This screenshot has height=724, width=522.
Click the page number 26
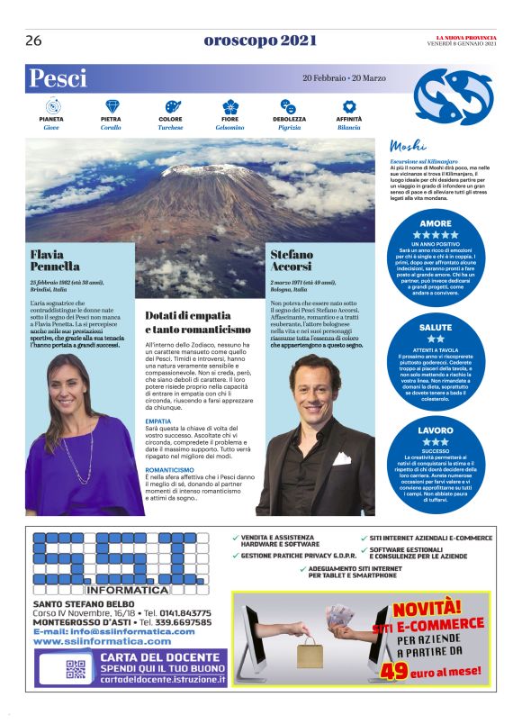coord(34,41)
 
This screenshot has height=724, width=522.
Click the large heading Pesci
coord(58,78)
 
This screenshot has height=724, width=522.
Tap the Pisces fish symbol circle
coord(453,96)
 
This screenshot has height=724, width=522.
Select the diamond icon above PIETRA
coord(112,106)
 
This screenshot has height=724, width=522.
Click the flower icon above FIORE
coord(230,106)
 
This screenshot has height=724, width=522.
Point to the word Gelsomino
coord(230,128)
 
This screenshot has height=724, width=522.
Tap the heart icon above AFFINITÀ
coord(349,106)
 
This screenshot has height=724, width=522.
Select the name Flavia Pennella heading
coord(55,260)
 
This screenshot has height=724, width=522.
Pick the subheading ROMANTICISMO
coord(170,470)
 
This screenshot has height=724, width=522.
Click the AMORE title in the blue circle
coord(436,222)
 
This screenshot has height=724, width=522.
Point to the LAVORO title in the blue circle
coord(436,430)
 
